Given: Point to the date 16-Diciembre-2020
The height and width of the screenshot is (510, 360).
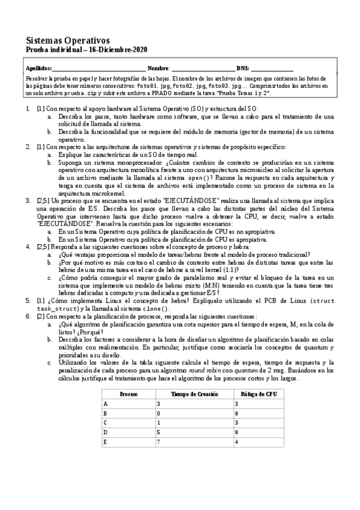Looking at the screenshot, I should [118, 49].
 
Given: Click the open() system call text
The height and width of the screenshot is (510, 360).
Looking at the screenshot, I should [214, 177].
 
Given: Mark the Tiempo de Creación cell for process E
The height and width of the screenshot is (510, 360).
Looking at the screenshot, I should [159, 443].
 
